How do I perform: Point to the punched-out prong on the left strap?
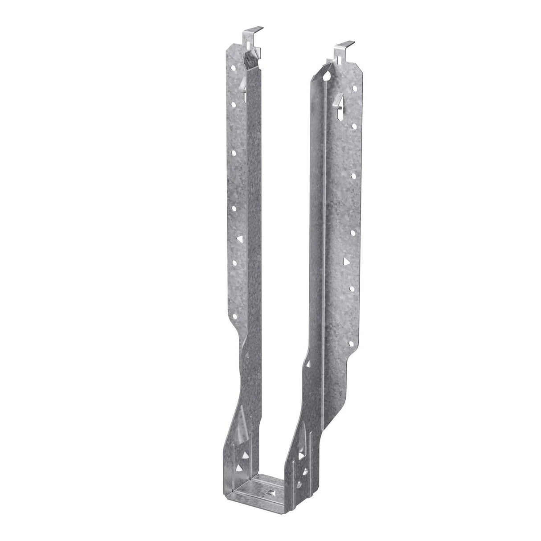[241, 86]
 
